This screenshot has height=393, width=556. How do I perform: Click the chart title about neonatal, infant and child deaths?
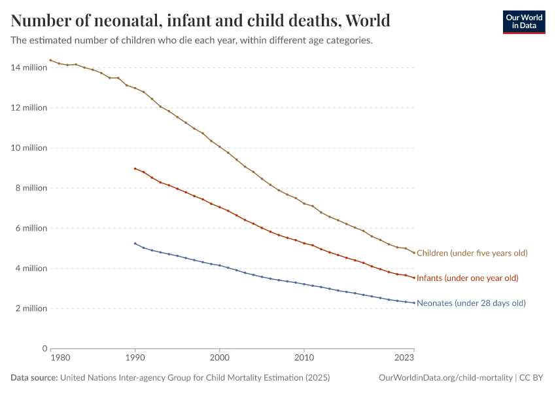click(201, 21)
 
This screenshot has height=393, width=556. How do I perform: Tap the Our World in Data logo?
click(523, 22)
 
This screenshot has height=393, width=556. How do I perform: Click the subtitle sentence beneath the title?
click(192, 41)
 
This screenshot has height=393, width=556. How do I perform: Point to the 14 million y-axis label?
click(29, 67)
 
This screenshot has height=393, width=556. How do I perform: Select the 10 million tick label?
click(29, 148)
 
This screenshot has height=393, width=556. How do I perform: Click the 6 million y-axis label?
click(31, 228)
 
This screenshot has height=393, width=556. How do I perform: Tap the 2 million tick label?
click(31, 309)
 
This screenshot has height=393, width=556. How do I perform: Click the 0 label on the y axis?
click(44, 348)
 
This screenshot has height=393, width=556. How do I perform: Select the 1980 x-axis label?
click(60, 358)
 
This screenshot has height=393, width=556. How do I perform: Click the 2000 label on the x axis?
click(219, 358)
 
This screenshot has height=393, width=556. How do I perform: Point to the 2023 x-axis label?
click(404, 358)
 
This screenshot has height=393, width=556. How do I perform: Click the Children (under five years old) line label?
click(472, 253)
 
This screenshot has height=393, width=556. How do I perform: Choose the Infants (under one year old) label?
click(467, 278)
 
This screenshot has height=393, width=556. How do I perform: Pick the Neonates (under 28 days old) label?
click(471, 303)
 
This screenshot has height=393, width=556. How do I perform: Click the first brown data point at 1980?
click(50, 60)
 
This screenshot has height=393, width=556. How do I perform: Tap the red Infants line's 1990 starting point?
click(135, 168)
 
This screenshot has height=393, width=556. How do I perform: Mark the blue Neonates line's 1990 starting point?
click(135, 244)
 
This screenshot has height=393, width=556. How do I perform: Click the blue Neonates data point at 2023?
click(414, 303)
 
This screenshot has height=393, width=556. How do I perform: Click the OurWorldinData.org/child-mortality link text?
click(445, 378)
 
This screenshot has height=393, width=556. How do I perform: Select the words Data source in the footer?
click(34, 378)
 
